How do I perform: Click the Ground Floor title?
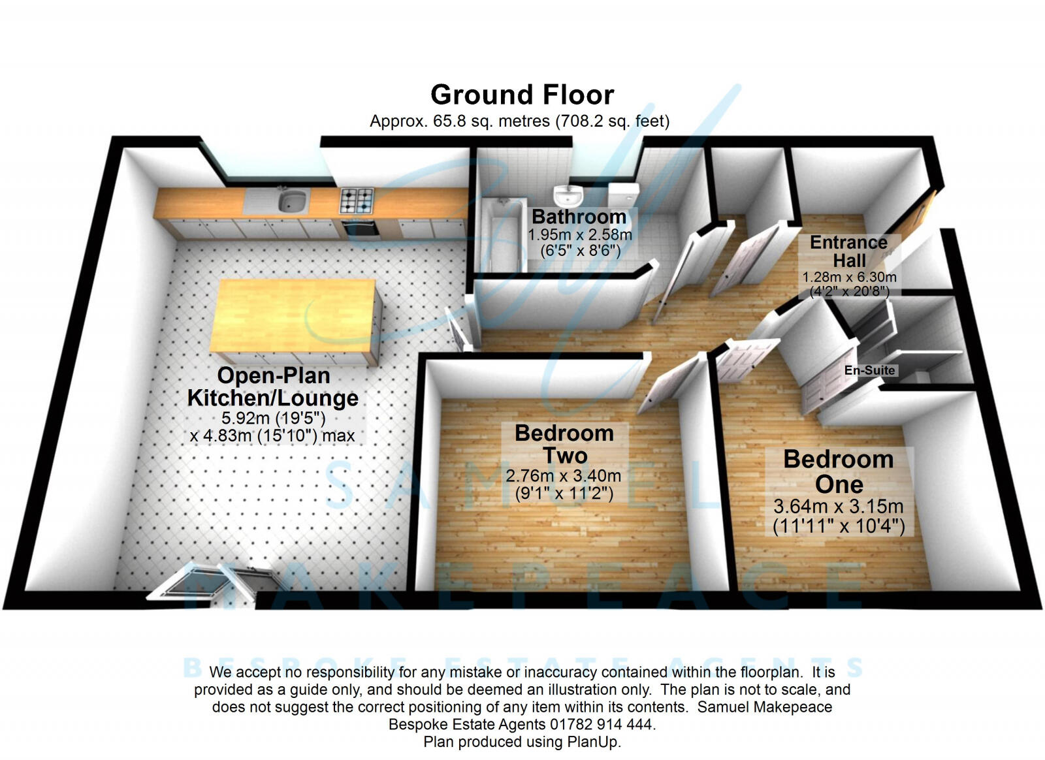click(x=522, y=95)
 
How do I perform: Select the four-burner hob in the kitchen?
click(x=357, y=200)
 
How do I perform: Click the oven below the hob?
click(x=359, y=229)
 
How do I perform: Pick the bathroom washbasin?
click(x=569, y=194)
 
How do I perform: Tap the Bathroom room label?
click(x=579, y=217)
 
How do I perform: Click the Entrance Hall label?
click(x=848, y=251)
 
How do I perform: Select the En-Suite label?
click(x=869, y=370)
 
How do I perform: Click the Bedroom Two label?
click(x=564, y=444)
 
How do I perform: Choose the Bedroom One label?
click(x=839, y=471)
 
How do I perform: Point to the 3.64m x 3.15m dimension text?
click(x=839, y=506)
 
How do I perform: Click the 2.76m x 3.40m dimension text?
click(x=563, y=476)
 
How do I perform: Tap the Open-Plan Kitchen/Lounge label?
click(x=273, y=387)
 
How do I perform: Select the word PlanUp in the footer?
click(x=592, y=742)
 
